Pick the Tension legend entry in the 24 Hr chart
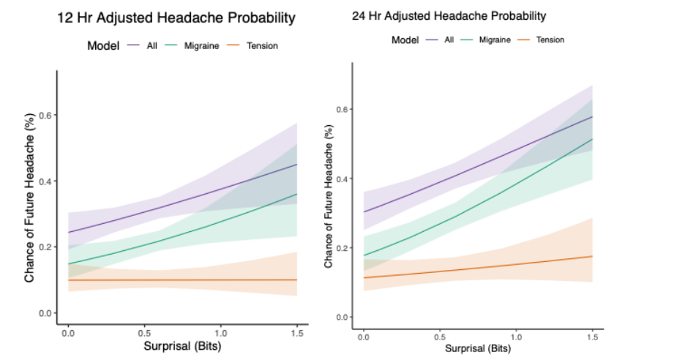(x=550, y=40)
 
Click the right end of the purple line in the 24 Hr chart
(x=592, y=117)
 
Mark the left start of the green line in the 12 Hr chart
(x=68, y=263)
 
